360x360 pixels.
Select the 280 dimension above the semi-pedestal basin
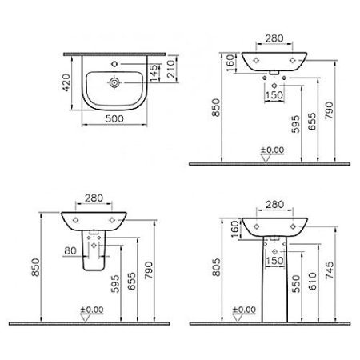(93, 198)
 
